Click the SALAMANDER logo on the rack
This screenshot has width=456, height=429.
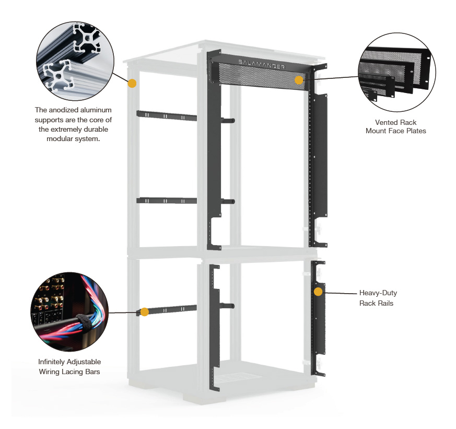(262, 64)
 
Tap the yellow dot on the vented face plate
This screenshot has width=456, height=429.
(299, 80)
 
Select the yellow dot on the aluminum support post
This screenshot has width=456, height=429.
(132, 84)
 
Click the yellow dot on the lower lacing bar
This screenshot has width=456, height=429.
(145, 312)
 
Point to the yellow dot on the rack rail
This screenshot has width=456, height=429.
(319, 292)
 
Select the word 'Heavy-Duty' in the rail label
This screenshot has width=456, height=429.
(378, 293)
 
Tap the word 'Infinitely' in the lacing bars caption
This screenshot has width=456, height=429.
(51, 362)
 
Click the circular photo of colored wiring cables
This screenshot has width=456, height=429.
(69, 312)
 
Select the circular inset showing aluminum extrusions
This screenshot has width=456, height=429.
(75, 61)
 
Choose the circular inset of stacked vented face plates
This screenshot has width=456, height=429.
(396, 72)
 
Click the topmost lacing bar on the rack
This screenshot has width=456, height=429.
(167, 115)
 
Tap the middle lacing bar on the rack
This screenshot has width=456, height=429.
(167, 201)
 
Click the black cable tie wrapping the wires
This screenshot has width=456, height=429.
(84, 321)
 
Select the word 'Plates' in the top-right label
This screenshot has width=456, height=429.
(416, 131)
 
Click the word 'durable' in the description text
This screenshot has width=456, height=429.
(96, 129)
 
